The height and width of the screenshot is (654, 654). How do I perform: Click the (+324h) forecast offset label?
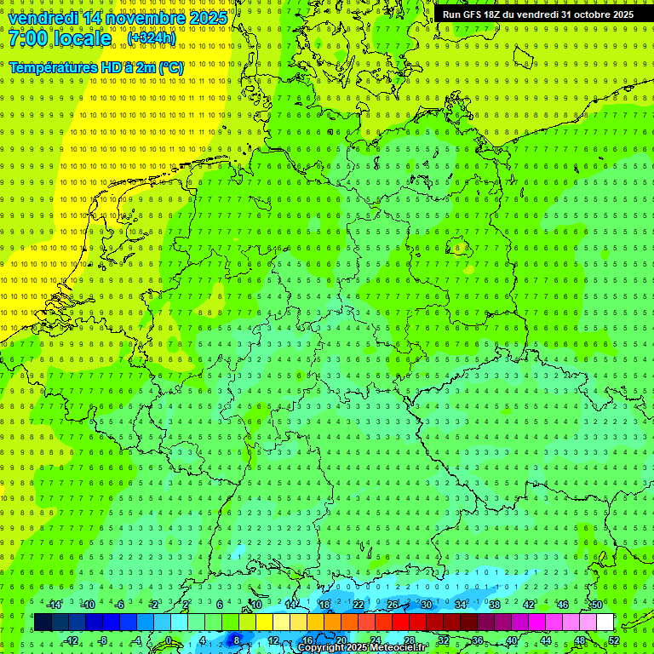pos(152,38)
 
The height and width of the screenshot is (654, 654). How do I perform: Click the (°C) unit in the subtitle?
pos(170,67)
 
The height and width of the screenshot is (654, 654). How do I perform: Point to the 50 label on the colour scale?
pos(597,605)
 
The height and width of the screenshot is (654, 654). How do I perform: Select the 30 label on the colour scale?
pos(427,605)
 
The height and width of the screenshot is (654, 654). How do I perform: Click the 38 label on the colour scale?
pos(495,605)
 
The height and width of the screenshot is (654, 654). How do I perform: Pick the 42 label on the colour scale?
pos(529,605)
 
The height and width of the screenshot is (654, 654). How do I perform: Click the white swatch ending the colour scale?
pos(605,622)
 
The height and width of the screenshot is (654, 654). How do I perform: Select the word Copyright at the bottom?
pos(321,648)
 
